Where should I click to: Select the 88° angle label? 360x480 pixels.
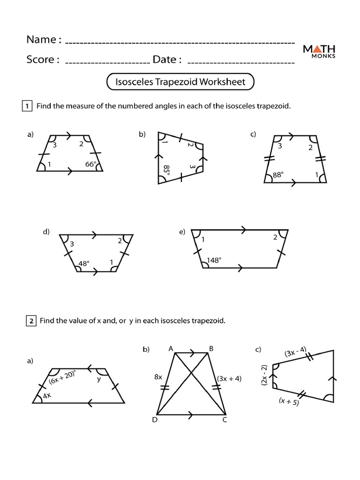[x=278, y=175]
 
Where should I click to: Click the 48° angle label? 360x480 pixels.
[x=84, y=263]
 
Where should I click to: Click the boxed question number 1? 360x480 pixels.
[x=27, y=106]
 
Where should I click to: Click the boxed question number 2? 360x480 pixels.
[x=30, y=321]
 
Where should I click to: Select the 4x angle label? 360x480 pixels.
[x=46, y=396]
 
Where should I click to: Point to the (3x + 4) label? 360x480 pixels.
[x=229, y=378]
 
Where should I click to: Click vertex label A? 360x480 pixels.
[x=171, y=348]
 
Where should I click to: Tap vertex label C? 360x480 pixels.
[x=225, y=420]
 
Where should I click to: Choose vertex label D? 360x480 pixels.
[x=154, y=420]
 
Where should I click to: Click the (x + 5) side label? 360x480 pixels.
[x=289, y=401]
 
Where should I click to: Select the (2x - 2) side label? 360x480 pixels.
[x=264, y=375]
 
